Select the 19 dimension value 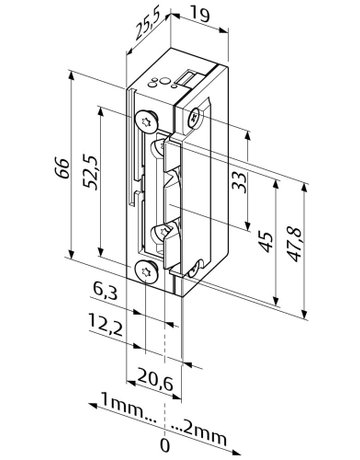(x=199, y=15)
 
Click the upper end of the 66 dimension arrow (x=73, y=73)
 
